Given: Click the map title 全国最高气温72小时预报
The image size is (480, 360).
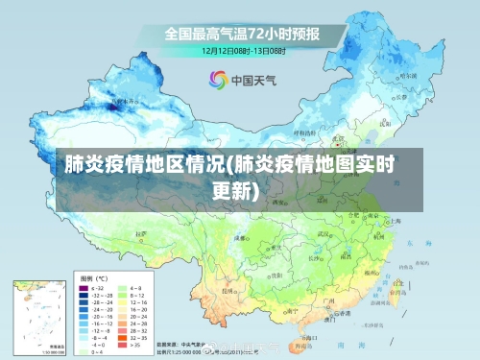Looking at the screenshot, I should point(242,34).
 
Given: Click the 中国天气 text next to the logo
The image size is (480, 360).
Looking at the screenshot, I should point(252,81).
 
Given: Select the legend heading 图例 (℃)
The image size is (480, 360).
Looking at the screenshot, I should point(92,275).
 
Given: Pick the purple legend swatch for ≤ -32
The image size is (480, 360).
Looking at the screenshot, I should point(84,286).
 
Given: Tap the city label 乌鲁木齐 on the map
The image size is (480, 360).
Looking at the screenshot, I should point(125,100).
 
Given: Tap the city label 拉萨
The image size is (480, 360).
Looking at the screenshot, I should point(144,233).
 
